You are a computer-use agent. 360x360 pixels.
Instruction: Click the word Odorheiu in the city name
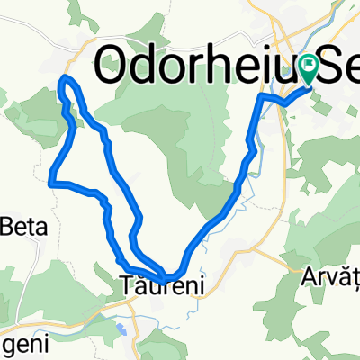pos(184,63)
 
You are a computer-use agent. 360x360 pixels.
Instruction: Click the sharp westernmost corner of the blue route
pos(51,183)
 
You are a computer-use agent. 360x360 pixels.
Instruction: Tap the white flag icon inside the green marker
pos(311,64)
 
